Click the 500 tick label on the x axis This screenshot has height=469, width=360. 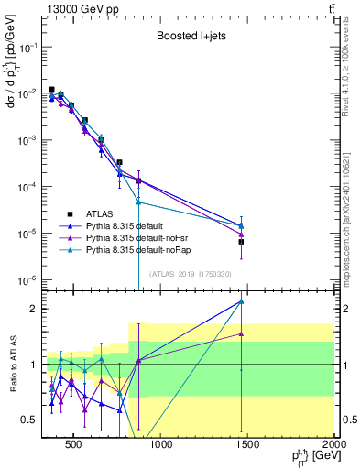click(73, 445)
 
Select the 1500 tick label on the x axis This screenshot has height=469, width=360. click(247, 445)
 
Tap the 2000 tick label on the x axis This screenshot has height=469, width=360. click(332, 445)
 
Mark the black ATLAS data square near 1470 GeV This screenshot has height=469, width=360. click(242, 242)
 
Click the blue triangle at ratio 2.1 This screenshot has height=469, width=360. click(242, 301)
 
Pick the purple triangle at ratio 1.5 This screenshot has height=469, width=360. click(242, 334)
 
